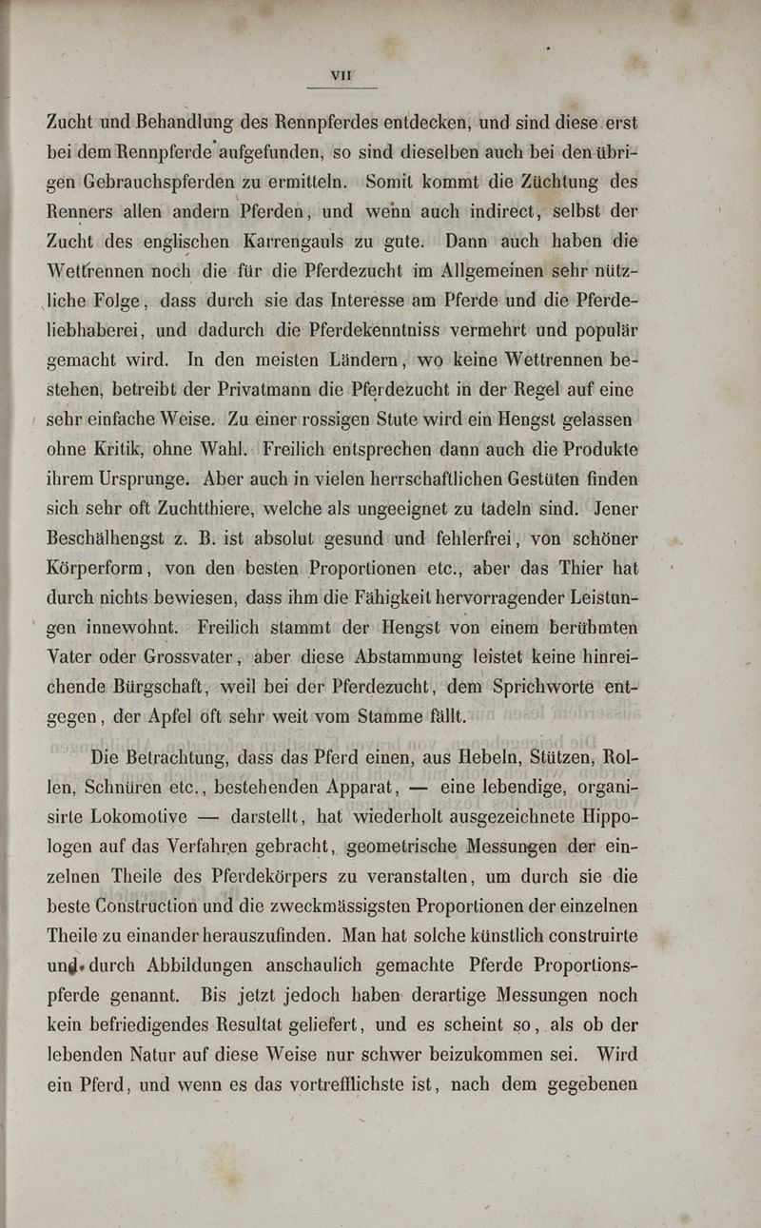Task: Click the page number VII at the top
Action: (x=342, y=72)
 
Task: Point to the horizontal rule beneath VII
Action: (x=342, y=87)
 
